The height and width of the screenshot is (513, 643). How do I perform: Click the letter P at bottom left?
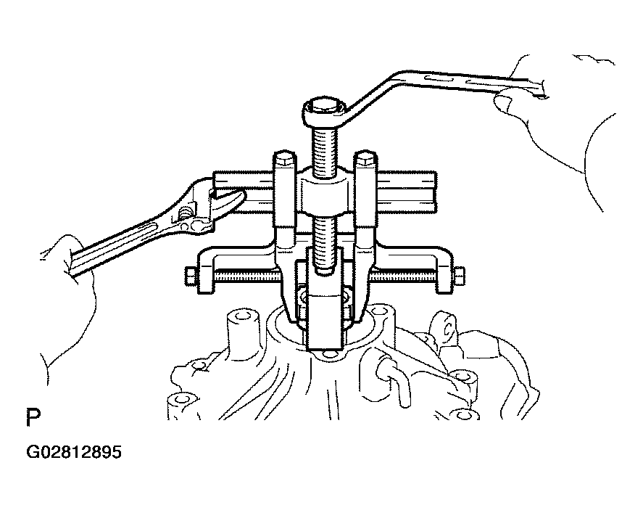point(33,417)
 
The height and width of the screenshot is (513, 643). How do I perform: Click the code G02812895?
point(74,452)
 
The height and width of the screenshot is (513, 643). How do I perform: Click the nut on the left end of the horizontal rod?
point(191,276)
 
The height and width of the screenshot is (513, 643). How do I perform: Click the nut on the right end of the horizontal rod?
point(460,276)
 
